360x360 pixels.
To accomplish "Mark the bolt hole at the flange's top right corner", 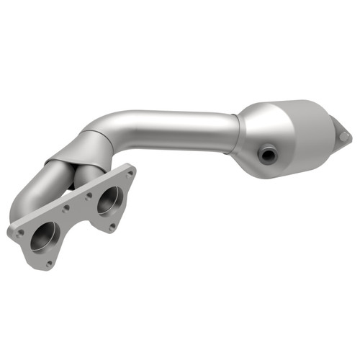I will [x=130, y=173].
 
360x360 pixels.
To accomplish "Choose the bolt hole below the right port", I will [x=112, y=226].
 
